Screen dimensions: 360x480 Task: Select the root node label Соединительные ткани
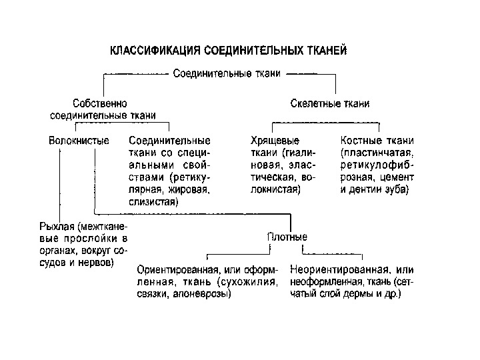point(227,73)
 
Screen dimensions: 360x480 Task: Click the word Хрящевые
point(274,141)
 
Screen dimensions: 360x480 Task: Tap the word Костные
point(364,141)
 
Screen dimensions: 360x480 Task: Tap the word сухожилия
point(257,282)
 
